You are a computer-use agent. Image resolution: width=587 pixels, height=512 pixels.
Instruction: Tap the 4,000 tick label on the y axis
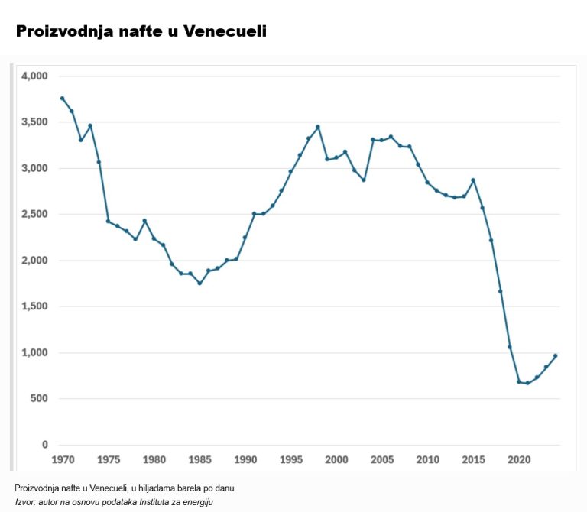[x=34, y=76]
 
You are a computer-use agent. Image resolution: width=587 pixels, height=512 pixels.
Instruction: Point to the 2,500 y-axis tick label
[x=34, y=215]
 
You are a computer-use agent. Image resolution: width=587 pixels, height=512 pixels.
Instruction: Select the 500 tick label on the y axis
[x=39, y=399]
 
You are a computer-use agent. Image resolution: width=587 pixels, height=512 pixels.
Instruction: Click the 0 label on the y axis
[x=44, y=445]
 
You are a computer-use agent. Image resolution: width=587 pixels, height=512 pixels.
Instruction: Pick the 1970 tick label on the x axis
[x=63, y=460]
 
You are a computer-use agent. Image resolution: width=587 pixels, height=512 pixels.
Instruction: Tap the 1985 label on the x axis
[x=199, y=460]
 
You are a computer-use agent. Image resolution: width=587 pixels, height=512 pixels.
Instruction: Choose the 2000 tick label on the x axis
[x=336, y=460]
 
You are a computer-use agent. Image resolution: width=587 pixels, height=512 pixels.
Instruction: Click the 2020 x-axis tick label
[x=519, y=460]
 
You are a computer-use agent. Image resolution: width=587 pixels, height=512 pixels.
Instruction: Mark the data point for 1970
[x=63, y=99]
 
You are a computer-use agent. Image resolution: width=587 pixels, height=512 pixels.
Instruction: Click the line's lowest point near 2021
[x=527, y=383]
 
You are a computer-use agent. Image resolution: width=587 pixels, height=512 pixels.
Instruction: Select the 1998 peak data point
[x=318, y=127]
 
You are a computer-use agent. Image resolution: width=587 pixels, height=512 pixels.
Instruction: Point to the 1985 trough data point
[x=199, y=284]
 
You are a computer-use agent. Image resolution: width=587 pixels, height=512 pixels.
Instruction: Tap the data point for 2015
[x=473, y=180]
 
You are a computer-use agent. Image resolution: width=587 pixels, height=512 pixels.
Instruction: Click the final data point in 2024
[x=556, y=355]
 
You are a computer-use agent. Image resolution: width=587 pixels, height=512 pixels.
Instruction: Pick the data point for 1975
[x=108, y=222]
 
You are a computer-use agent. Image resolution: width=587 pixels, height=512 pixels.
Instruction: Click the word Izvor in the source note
[x=25, y=501]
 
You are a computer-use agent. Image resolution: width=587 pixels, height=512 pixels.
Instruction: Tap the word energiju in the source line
[x=197, y=501]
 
